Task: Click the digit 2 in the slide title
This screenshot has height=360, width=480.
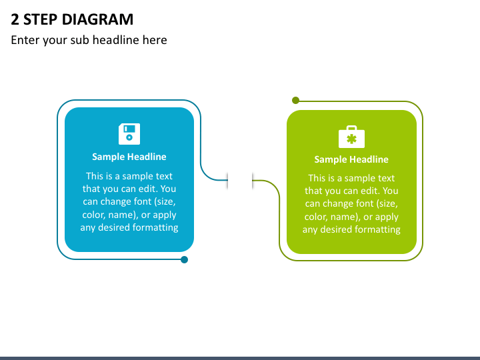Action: point(15,19)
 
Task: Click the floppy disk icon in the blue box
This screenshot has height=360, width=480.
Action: point(129,134)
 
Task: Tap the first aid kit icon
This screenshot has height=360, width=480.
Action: point(351,137)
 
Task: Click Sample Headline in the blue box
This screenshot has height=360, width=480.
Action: point(129,157)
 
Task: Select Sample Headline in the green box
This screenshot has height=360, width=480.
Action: point(351,159)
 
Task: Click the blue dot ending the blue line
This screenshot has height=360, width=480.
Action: point(184,259)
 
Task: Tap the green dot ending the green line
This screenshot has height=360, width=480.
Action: point(295,100)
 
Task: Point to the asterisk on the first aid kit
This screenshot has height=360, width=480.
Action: point(351,139)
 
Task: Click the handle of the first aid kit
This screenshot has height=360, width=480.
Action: point(351,127)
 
